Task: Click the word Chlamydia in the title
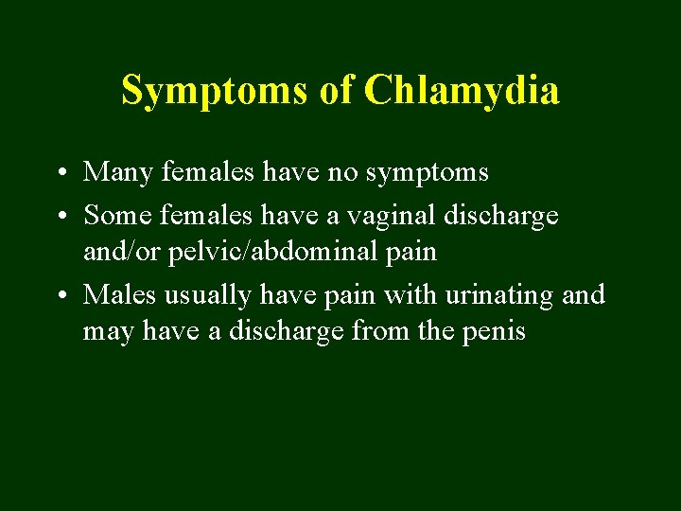tap(462, 91)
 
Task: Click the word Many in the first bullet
tap(117, 172)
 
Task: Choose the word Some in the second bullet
tap(118, 216)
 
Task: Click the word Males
tap(120, 295)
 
